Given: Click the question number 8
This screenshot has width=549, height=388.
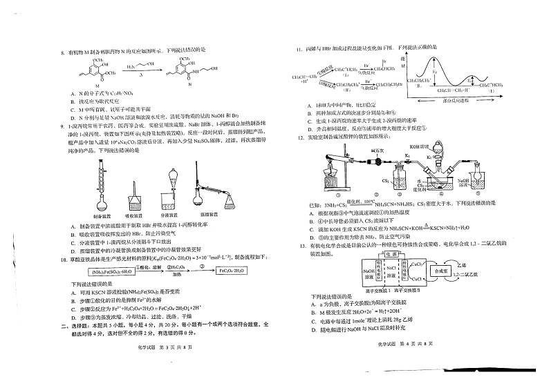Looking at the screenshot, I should pyautogui.click(x=63, y=50).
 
